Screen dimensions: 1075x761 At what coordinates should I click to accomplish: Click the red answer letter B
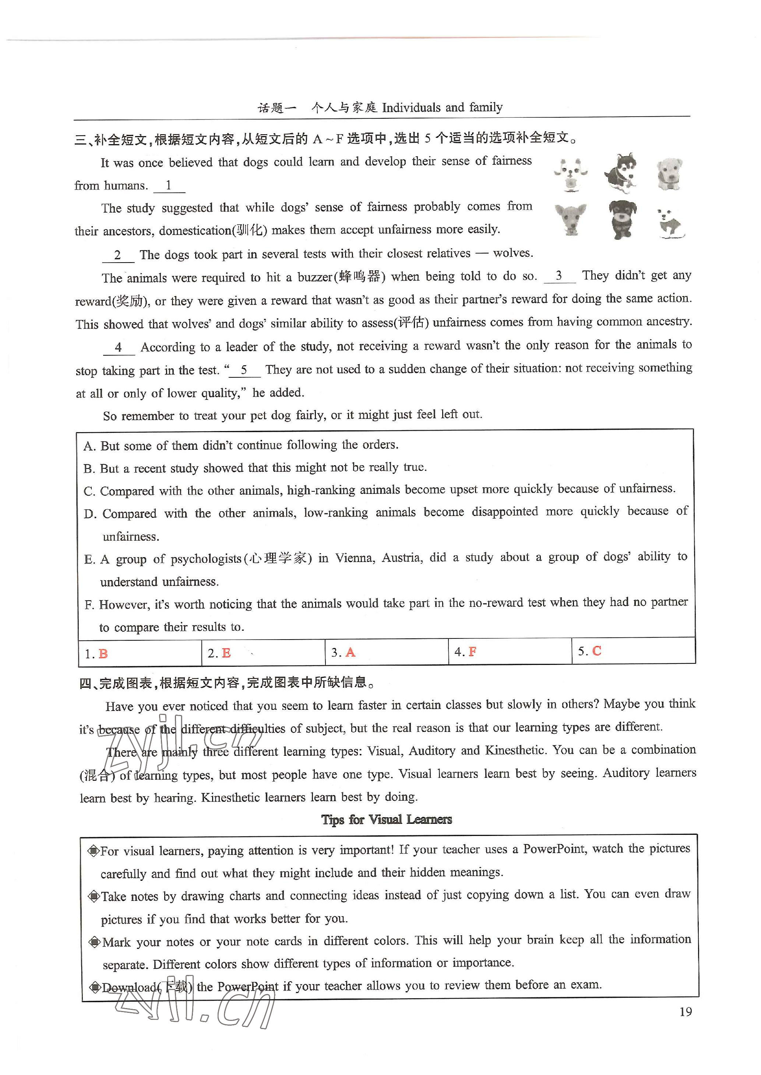click(103, 654)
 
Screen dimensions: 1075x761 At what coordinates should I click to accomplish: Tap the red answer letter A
click(350, 652)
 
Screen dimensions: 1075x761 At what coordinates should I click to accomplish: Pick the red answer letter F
click(472, 652)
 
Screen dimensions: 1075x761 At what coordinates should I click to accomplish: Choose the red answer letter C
click(596, 651)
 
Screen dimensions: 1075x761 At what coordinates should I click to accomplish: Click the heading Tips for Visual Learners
click(387, 820)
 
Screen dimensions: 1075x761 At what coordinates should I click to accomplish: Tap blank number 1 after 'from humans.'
click(169, 186)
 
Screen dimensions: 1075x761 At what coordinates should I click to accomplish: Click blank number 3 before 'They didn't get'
click(559, 276)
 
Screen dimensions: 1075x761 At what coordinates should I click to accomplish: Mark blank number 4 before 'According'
click(119, 348)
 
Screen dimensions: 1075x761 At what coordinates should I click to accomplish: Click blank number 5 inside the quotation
click(244, 370)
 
